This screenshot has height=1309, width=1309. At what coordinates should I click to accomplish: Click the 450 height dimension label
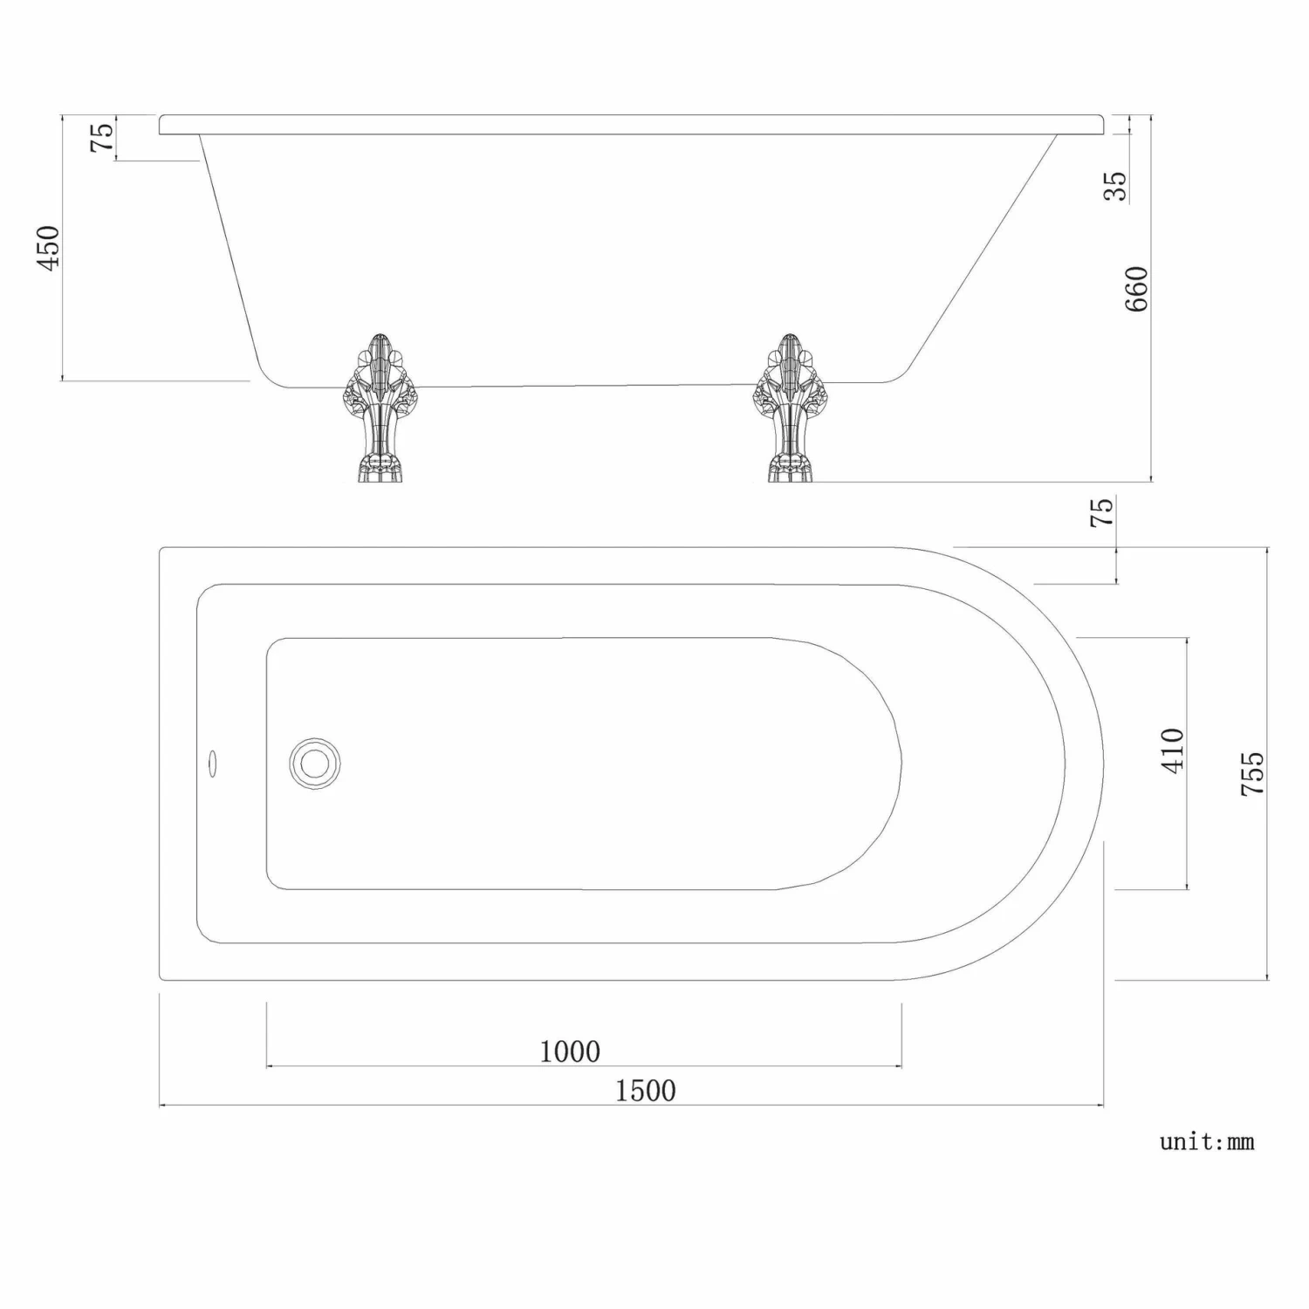49,247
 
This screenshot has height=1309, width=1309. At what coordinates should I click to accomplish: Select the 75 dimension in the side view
102,137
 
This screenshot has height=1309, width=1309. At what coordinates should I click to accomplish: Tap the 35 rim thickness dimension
1115,185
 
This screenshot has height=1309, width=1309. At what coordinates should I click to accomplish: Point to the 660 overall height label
1136,289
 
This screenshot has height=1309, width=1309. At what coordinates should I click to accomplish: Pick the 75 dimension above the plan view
1102,511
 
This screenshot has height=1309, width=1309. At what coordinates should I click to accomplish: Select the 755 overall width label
1252,772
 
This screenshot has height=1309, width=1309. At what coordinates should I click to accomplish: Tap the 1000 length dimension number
570,1052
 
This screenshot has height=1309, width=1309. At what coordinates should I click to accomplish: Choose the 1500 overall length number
646,1090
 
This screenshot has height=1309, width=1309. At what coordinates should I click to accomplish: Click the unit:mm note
1207,1141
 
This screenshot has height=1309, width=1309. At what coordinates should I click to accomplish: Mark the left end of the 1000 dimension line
267,1066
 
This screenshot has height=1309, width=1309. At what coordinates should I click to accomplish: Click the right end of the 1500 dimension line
1103,1106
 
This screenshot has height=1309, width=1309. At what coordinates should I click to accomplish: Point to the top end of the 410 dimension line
1187,639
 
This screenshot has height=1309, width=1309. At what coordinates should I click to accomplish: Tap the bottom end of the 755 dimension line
1267,979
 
